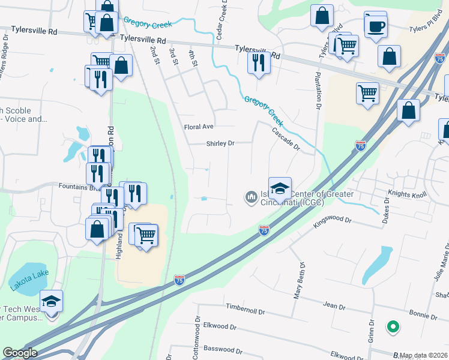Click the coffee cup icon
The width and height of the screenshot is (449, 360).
[376, 26]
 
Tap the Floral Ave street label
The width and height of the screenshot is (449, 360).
[199, 127]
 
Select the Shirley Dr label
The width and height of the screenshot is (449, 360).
[220, 143]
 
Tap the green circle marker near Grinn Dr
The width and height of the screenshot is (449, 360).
[393, 327]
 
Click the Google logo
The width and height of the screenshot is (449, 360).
[20, 353]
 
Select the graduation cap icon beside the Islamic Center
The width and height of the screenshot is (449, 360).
[280, 188]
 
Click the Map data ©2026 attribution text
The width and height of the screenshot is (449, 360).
[424, 355]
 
